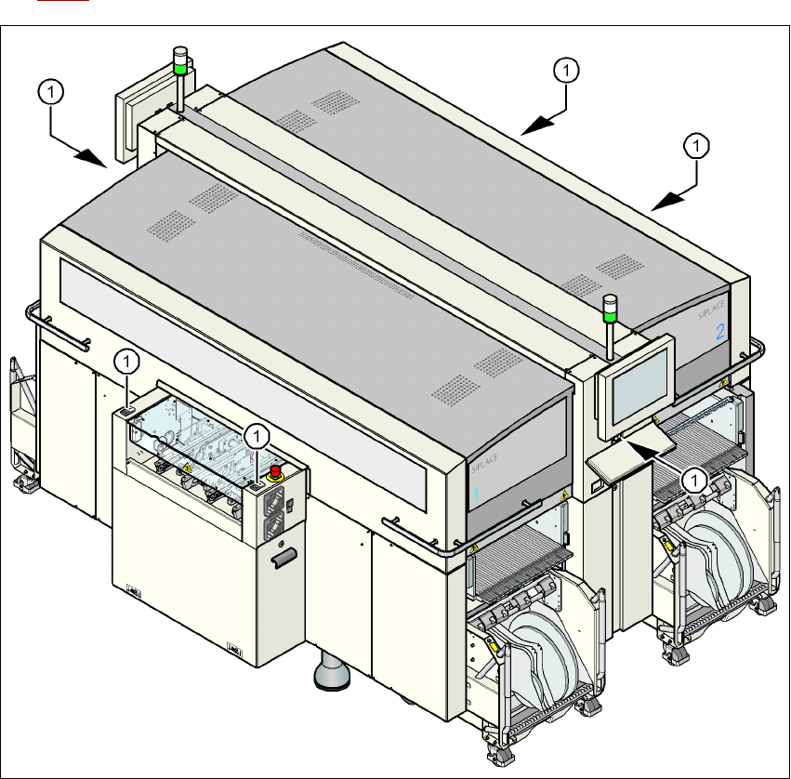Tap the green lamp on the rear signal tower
click(178, 65)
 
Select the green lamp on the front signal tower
click(610, 316)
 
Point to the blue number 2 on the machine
click(719, 332)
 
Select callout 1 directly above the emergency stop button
click(258, 435)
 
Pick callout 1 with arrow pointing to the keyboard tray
click(693, 480)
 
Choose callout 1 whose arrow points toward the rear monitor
click(51, 91)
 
